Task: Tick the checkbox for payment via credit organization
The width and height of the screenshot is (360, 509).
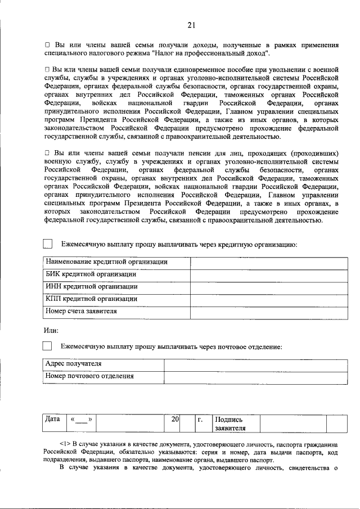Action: point(48,244)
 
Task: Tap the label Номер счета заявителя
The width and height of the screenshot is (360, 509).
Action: point(81,311)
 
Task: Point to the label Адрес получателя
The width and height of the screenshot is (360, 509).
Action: point(73,364)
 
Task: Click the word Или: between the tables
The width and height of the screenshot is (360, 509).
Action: point(51,330)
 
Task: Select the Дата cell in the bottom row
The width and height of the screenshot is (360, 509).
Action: point(53,420)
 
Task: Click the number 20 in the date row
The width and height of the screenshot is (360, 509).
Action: point(175,420)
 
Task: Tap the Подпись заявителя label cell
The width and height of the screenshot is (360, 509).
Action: point(235,424)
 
